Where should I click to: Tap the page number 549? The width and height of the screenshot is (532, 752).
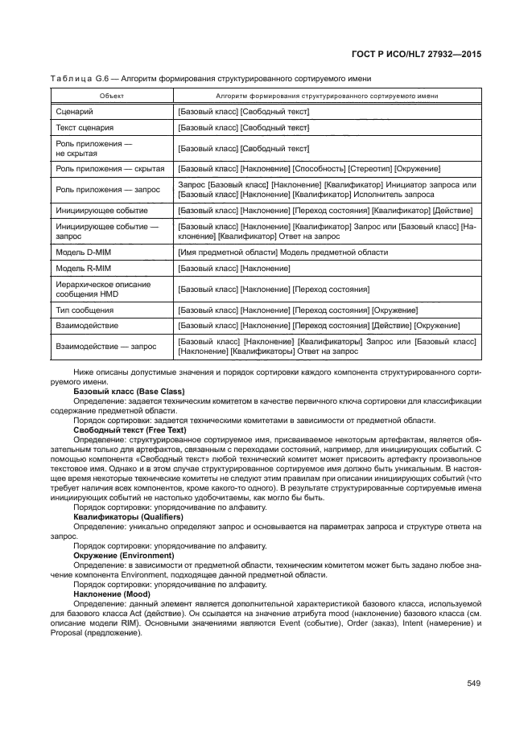pyautogui.click(x=472, y=684)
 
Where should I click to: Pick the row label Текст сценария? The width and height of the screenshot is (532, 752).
pyautogui.click(x=85, y=127)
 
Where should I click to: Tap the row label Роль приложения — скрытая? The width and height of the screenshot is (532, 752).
pyautogui.click(x=109, y=168)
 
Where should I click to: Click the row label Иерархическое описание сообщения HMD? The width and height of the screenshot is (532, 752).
pyautogui.click(x=93, y=288)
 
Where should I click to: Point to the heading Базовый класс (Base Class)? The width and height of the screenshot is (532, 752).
pyautogui.click(x=128, y=391)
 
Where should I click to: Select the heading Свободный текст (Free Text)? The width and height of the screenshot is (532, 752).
pyautogui.click(x=129, y=430)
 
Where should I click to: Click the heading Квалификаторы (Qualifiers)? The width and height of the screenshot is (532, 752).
pyautogui.click(x=128, y=517)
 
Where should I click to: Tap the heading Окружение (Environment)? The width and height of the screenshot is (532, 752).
pyautogui.click(x=123, y=556)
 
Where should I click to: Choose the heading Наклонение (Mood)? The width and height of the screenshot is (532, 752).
pyautogui.click(x=111, y=594)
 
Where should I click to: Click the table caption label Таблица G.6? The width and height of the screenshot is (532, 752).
pyautogui.click(x=80, y=78)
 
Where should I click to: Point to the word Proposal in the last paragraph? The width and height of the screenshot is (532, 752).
pyautogui.click(x=70, y=632)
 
